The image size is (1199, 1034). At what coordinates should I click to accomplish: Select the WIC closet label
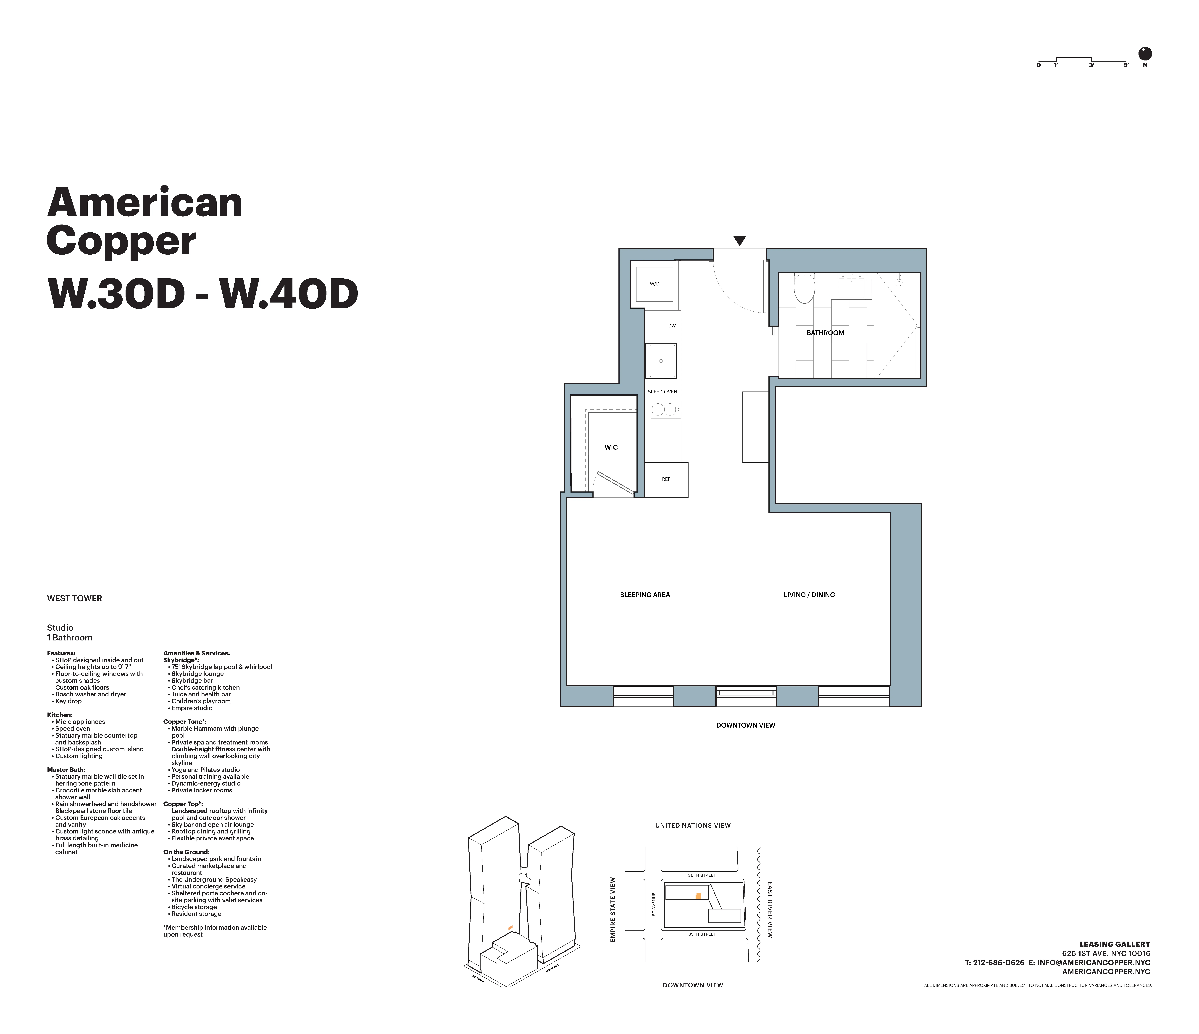[611, 448]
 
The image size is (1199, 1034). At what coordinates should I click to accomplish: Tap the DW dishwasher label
[672, 326]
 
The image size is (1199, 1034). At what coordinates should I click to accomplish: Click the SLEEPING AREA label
[645, 595]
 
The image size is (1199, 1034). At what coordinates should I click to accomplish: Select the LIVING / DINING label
[809, 595]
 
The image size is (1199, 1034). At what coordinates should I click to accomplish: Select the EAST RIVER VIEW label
[770, 910]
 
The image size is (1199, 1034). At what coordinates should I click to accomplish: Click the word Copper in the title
[121, 242]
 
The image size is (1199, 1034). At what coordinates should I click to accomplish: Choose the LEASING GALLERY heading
[1115, 944]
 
